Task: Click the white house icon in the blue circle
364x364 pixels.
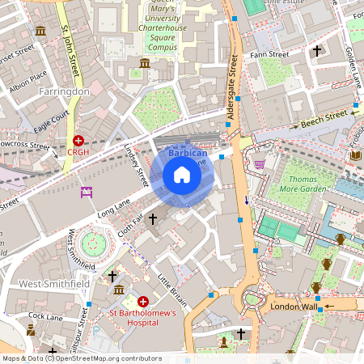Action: pos(182,175)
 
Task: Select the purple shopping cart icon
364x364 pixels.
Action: pos(260,163)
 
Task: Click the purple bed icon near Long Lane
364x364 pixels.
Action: pos(87,192)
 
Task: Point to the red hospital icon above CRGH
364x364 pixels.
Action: pos(78,140)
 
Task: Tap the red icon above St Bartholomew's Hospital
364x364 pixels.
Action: pos(143,301)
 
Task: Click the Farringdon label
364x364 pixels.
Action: pos(64,91)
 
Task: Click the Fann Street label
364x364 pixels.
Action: pos(269,55)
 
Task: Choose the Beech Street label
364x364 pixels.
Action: pos(324,121)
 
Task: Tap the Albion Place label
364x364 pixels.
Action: pos(27,83)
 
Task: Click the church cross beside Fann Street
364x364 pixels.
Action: pos(317,51)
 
